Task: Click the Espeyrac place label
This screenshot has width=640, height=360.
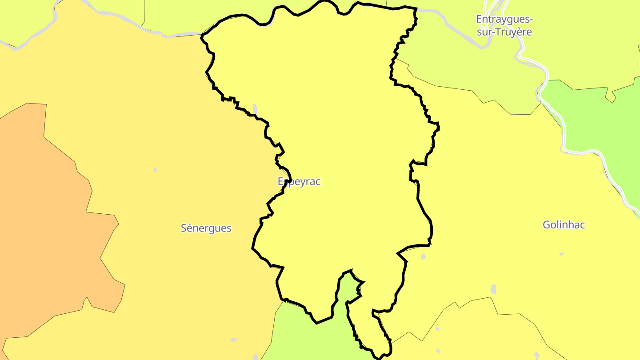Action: pyautogui.click(x=299, y=181)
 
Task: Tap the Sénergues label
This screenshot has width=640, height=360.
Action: pyautogui.click(x=206, y=228)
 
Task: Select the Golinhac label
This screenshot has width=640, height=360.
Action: pyautogui.click(x=564, y=224)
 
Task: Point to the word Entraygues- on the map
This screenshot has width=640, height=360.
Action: pyautogui.click(x=504, y=19)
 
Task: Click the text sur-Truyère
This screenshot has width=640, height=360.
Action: pyautogui.click(x=504, y=32)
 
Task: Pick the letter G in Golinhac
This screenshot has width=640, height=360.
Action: pyautogui.click(x=547, y=225)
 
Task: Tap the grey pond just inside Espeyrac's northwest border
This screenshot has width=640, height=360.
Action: pyautogui.click(x=255, y=108)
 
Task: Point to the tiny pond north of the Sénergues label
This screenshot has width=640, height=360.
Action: pyautogui.click(x=155, y=169)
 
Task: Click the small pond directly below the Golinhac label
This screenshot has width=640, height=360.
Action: pyautogui.click(x=561, y=254)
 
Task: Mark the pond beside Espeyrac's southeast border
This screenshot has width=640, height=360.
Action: pyautogui.click(x=423, y=256)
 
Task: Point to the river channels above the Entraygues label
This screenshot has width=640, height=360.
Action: pyautogui.click(x=493, y=7)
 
